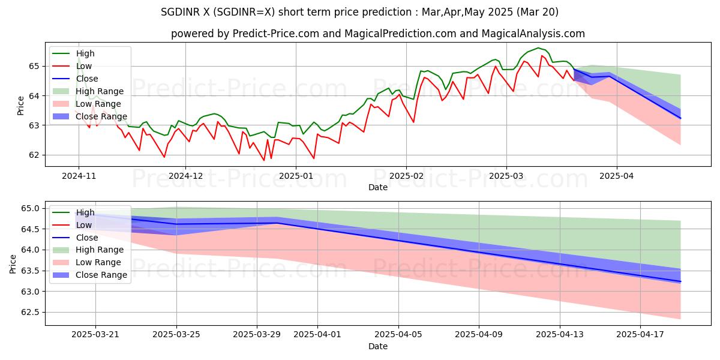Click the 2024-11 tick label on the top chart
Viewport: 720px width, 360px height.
(x=78, y=176)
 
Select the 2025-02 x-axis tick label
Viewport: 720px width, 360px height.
(x=406, y=176)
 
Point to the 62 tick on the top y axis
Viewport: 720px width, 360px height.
(x=34, y=155)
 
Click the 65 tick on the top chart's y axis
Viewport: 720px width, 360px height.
(x=34, y=66)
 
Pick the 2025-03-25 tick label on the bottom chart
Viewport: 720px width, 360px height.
(x=176, y=335)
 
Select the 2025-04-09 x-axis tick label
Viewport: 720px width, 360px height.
(x=479, y=335)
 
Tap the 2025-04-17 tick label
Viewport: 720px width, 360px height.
(x=640, y=335)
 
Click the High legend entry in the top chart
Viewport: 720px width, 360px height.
(x=85, y=53)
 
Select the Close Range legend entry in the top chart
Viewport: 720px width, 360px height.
(x=101, y=116)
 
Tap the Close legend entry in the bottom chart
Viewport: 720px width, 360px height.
(x=87, y=237)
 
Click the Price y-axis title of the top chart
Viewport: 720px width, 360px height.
(x=21, y=106)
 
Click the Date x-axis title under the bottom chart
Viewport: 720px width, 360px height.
(x=378, y=346)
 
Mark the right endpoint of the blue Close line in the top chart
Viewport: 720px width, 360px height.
(x=680, y=118)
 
